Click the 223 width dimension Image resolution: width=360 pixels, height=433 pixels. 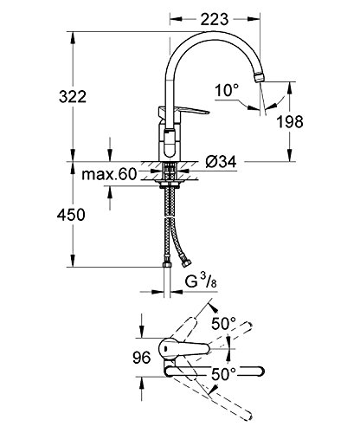(x=215, y=19)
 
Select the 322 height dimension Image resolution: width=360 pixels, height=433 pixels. (x=73, y=96)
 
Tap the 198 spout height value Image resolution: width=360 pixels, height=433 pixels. (x=290, y=122)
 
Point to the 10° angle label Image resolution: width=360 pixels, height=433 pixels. (x=227, y=90)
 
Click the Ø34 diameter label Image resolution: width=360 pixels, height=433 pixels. (x=221, y=162)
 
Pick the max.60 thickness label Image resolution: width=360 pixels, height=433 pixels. (x=109, y=174)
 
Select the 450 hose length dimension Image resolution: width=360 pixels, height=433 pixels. (x=71, y=215)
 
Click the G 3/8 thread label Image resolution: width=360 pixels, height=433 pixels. (x=201, y=281)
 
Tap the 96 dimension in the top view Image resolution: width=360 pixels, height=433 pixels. (x=142, y=358)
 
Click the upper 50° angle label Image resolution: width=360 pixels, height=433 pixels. (x=224, y=324)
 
